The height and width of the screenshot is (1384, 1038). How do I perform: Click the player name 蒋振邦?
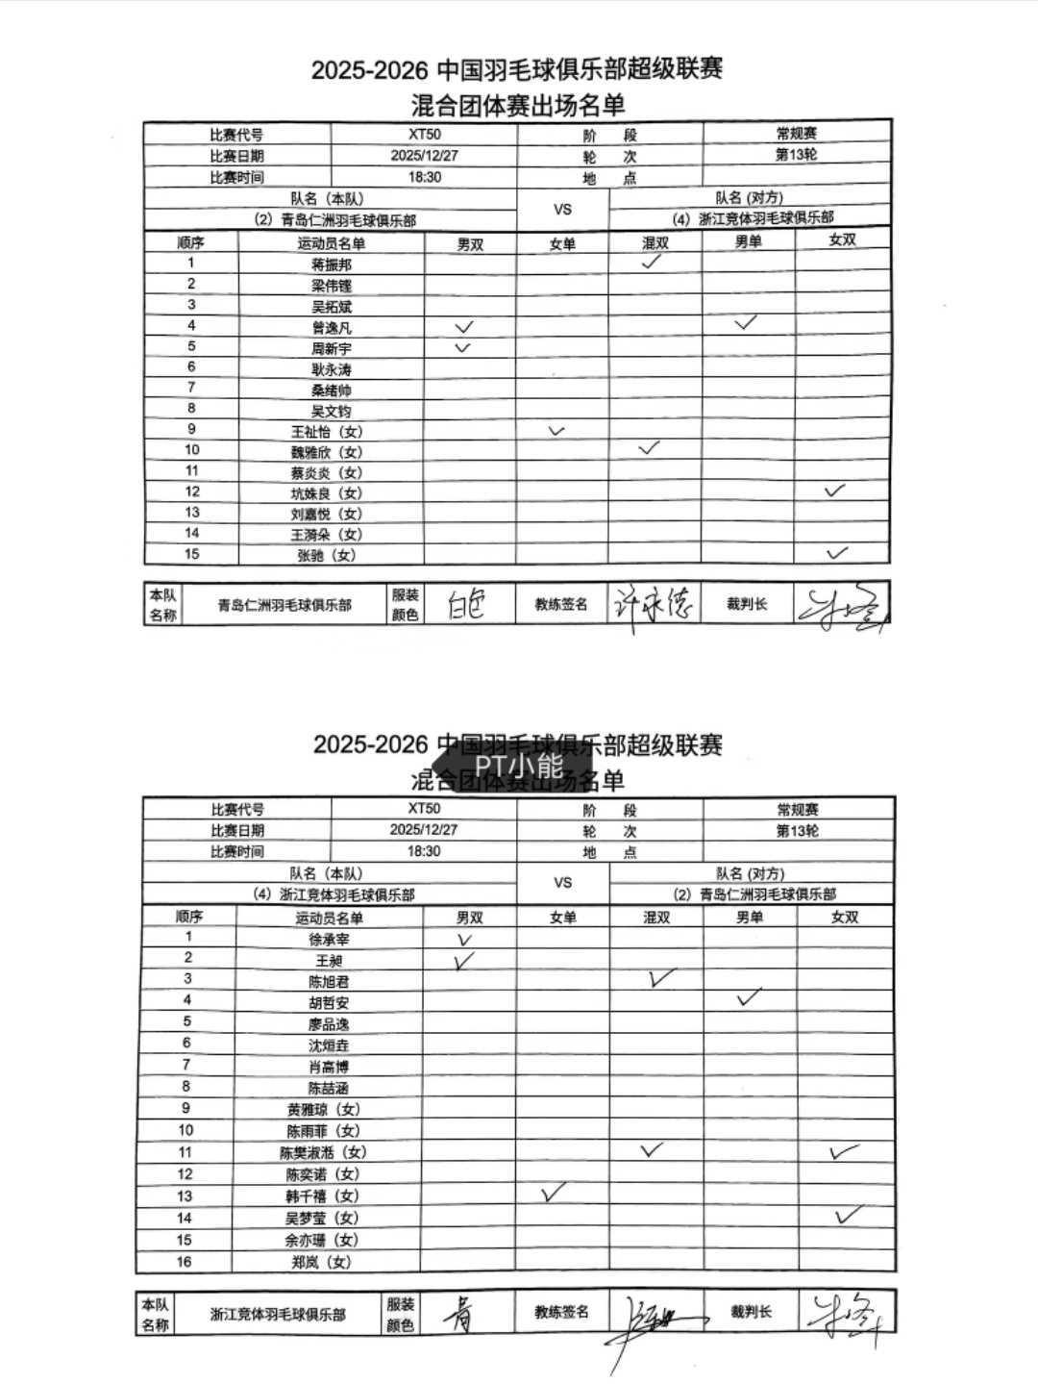coord(332,264)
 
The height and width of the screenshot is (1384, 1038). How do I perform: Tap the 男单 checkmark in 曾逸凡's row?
coord(746,323)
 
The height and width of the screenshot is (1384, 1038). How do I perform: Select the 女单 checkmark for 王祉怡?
coord(556,431)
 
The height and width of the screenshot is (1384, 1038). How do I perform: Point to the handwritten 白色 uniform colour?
coord(466,605)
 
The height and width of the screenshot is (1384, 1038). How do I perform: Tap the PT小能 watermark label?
coord(519,766)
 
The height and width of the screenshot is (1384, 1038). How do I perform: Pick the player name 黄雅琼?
coord(322,1109)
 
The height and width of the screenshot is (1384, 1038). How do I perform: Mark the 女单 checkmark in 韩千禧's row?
coord(553,1193)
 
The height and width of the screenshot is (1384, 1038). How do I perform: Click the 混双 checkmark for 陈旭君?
coord(660,978)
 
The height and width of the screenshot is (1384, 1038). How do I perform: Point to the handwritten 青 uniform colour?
coord(461,1313)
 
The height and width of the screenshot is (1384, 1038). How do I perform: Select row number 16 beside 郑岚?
coord(184,1262)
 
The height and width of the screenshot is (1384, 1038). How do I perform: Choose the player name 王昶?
coord(329,960)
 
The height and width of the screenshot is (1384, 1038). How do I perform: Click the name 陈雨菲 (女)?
coord(322,1131)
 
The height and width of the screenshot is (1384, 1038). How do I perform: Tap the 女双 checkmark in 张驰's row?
coord(837,553)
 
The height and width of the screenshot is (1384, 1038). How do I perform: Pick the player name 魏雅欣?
coord(327,452)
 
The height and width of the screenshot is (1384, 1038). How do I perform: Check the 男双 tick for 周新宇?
coord(462,347)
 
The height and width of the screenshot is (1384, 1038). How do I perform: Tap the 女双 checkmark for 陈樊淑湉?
coord(844,1151)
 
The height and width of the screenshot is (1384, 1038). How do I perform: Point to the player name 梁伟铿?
coord(332,286)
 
